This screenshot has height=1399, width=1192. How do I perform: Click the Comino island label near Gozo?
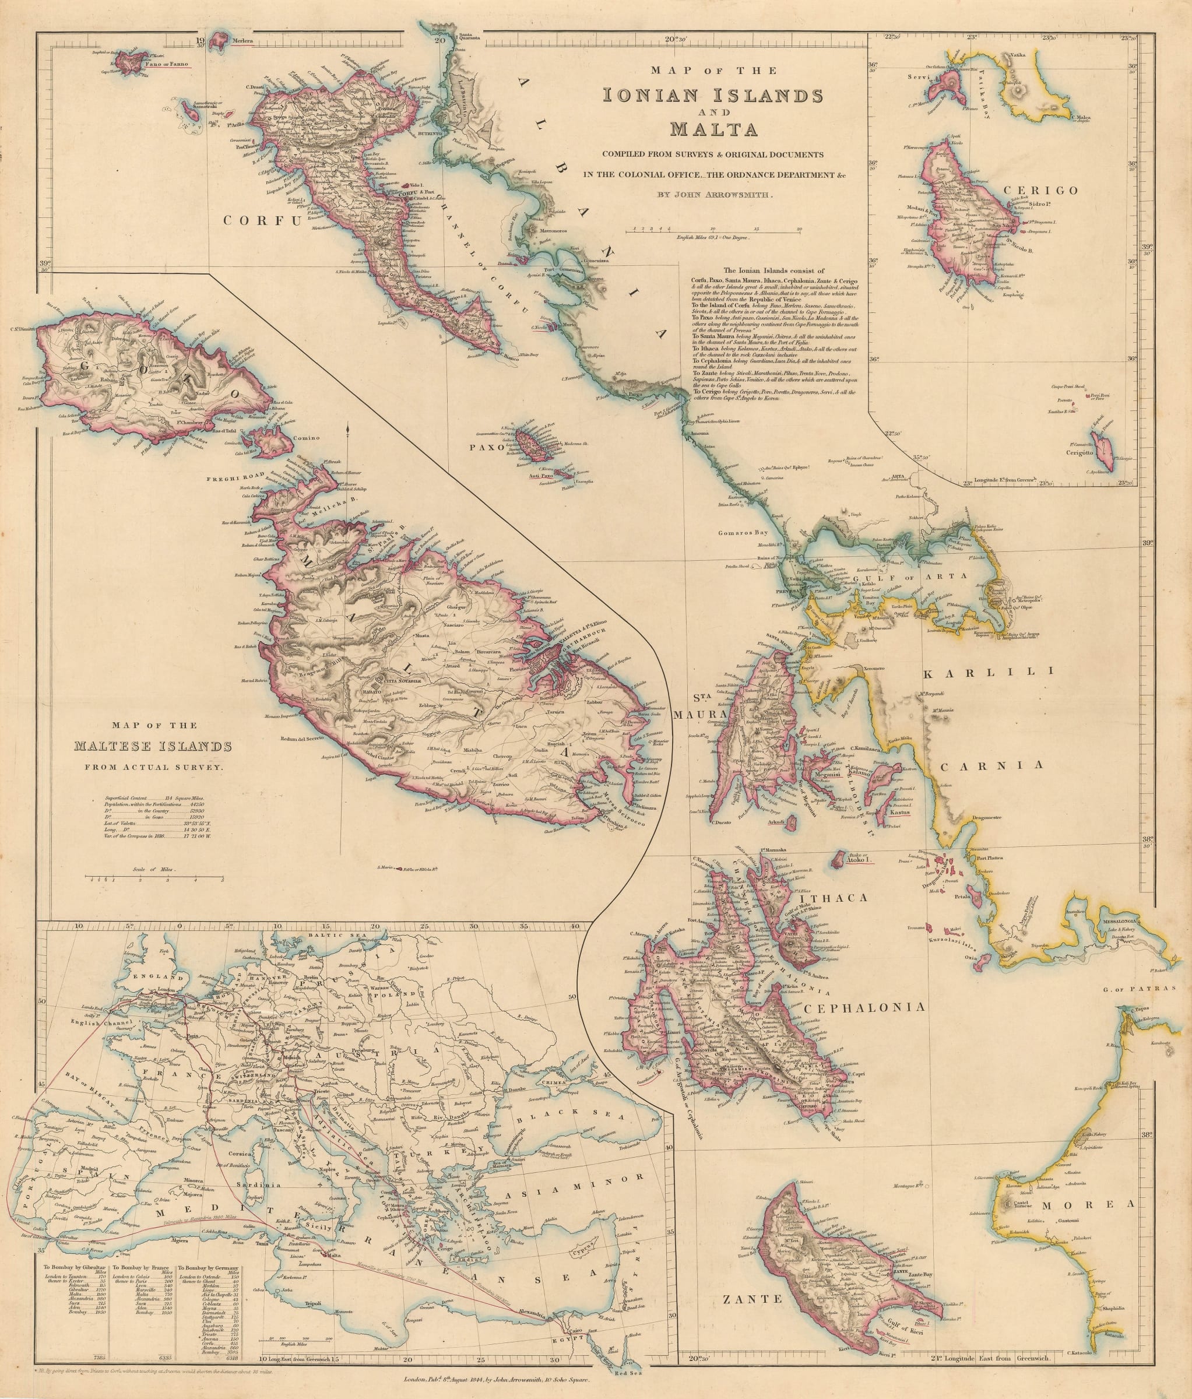coord(306,438)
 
